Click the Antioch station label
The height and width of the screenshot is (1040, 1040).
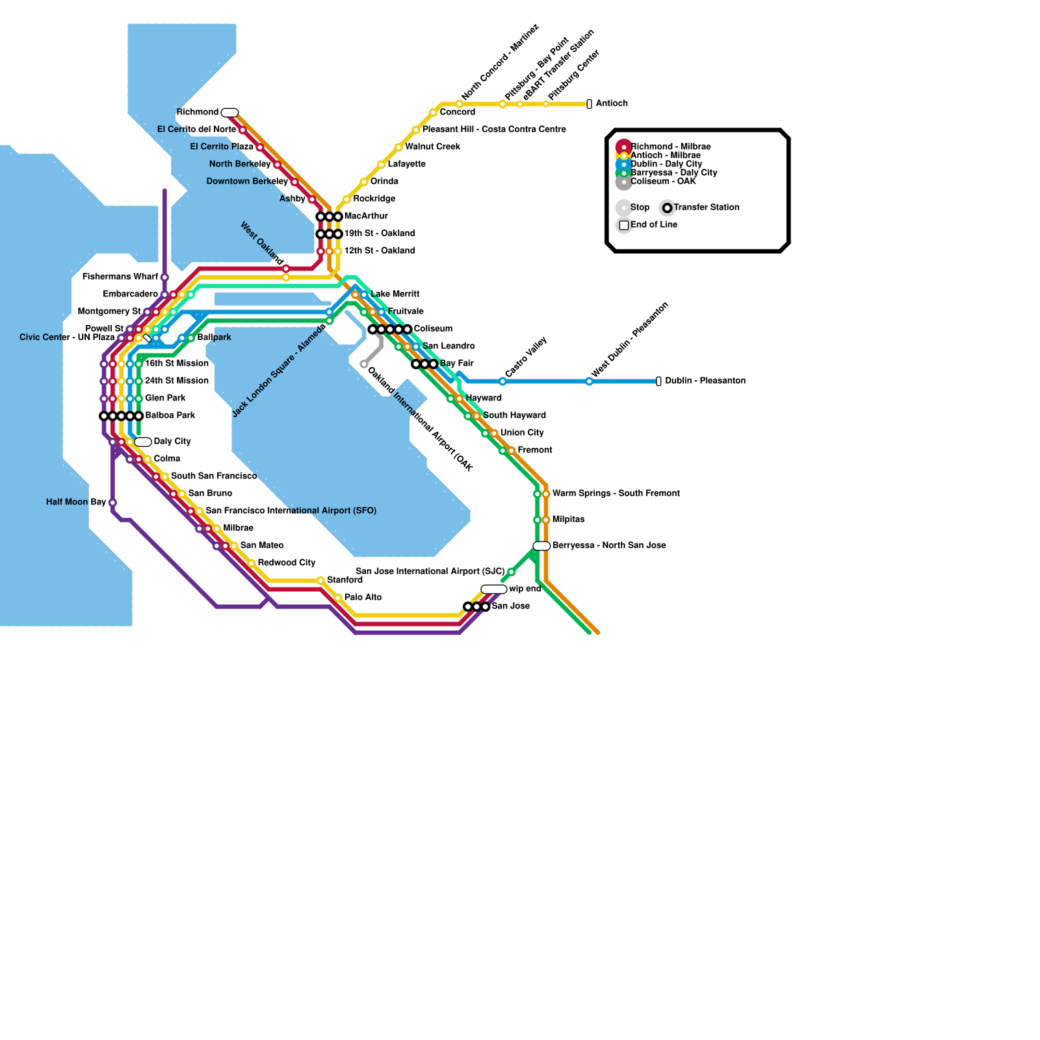(x=612, y=103)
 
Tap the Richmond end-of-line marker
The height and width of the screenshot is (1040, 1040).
(x=229, y=112)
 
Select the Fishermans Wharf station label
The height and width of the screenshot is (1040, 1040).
(x=120, y=277)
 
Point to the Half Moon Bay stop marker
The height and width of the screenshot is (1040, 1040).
(x=112, y=502)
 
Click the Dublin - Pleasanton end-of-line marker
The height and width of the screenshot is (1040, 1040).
(x=658, y=381)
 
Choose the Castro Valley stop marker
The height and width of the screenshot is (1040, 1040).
(x=502, y=382)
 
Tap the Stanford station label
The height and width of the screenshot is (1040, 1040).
(x=344, y=580)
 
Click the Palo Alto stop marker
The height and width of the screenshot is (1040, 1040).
(x=338, y=598)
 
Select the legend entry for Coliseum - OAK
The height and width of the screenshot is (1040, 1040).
(x=663, y=181)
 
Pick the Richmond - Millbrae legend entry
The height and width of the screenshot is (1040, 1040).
(x=671, y=147)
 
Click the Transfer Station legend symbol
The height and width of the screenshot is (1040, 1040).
(x=668, y=208)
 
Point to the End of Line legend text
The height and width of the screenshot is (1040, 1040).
(x=654, y=225)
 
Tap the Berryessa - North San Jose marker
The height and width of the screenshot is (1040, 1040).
(x=541, y=546)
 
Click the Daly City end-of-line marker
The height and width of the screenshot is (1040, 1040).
(x=143, y=442)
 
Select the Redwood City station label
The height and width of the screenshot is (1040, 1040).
(x=287, y=562)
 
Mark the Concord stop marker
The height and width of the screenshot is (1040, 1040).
(x=433, y=113)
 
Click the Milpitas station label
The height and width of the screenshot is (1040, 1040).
(x=568, y=519)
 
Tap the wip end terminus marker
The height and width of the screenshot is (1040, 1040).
(x=494, y=589)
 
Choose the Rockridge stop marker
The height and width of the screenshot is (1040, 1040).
(x=346, y=200)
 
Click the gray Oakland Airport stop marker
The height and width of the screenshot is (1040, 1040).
(x=364, y=364)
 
